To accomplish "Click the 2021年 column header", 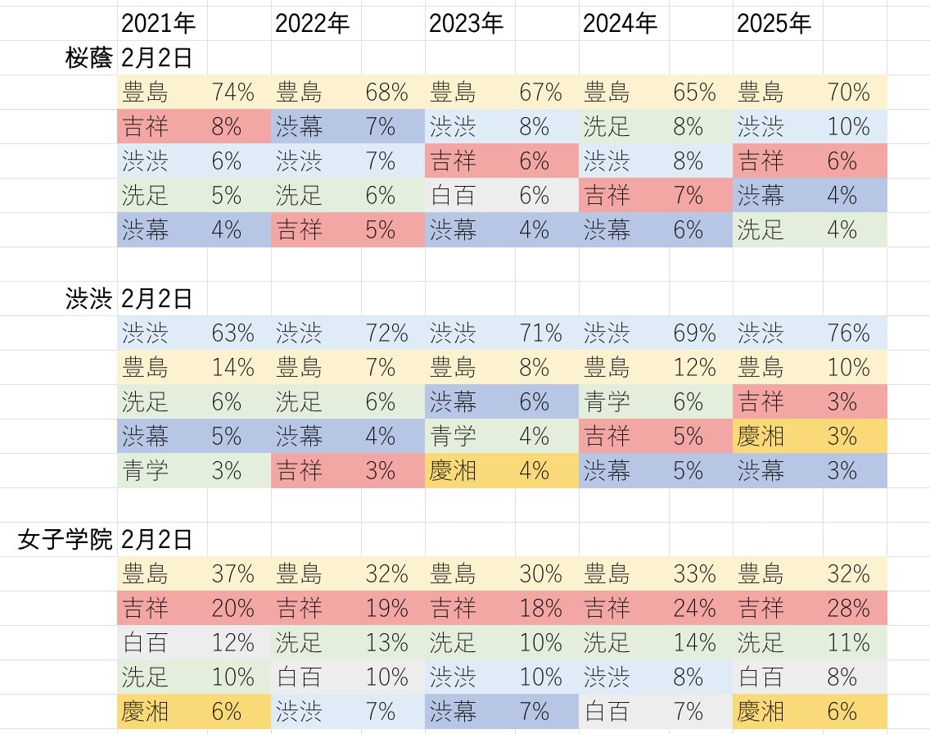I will [158, 23].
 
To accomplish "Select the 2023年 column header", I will [466, 23].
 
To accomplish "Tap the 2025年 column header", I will [774, 23].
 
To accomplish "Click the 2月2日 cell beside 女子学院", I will [157, 540].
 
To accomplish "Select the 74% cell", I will [232, 92].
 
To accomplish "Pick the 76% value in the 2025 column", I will [848, 333].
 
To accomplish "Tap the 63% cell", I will [232, 333].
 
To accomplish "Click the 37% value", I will [232, 573].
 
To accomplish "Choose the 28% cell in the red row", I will [848, 608].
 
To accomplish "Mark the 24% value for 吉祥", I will [694, 608].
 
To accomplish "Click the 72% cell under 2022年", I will [386, 333].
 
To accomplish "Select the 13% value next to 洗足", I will [386, 642].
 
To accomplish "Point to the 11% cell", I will [848, 642].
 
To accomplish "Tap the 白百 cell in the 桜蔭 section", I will [453, 195].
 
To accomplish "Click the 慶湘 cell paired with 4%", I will [453, 470].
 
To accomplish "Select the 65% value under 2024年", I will [694, 92].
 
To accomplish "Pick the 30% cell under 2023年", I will [540, 573].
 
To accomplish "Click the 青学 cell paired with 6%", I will [607, 401].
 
